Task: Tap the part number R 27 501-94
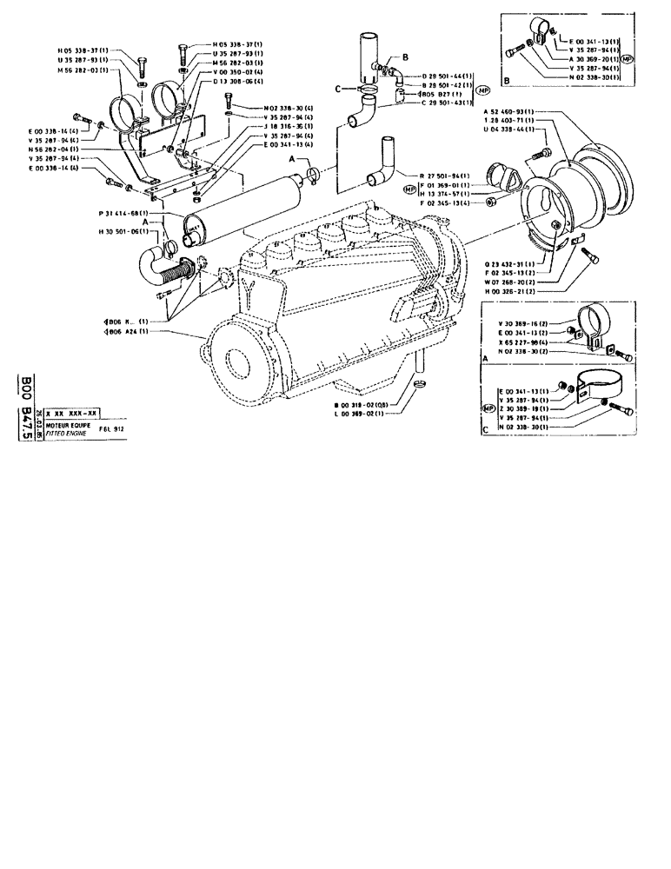click(445, 175)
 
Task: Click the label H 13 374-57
click(445, 194)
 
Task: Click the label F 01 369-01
click(445, 185)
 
